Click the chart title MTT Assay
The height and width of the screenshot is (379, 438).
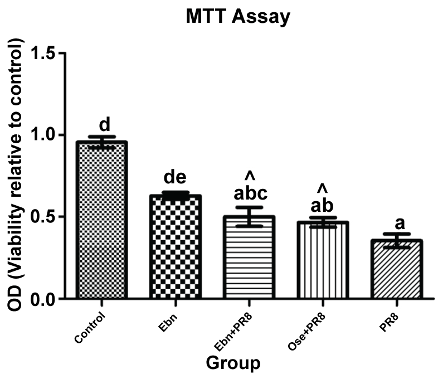point(238,17)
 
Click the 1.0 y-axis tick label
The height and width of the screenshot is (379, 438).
point(45,135)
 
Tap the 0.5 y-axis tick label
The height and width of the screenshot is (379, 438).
point(45,217)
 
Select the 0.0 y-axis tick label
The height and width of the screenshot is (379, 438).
point(45,299)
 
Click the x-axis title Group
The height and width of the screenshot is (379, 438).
point(233,363)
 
